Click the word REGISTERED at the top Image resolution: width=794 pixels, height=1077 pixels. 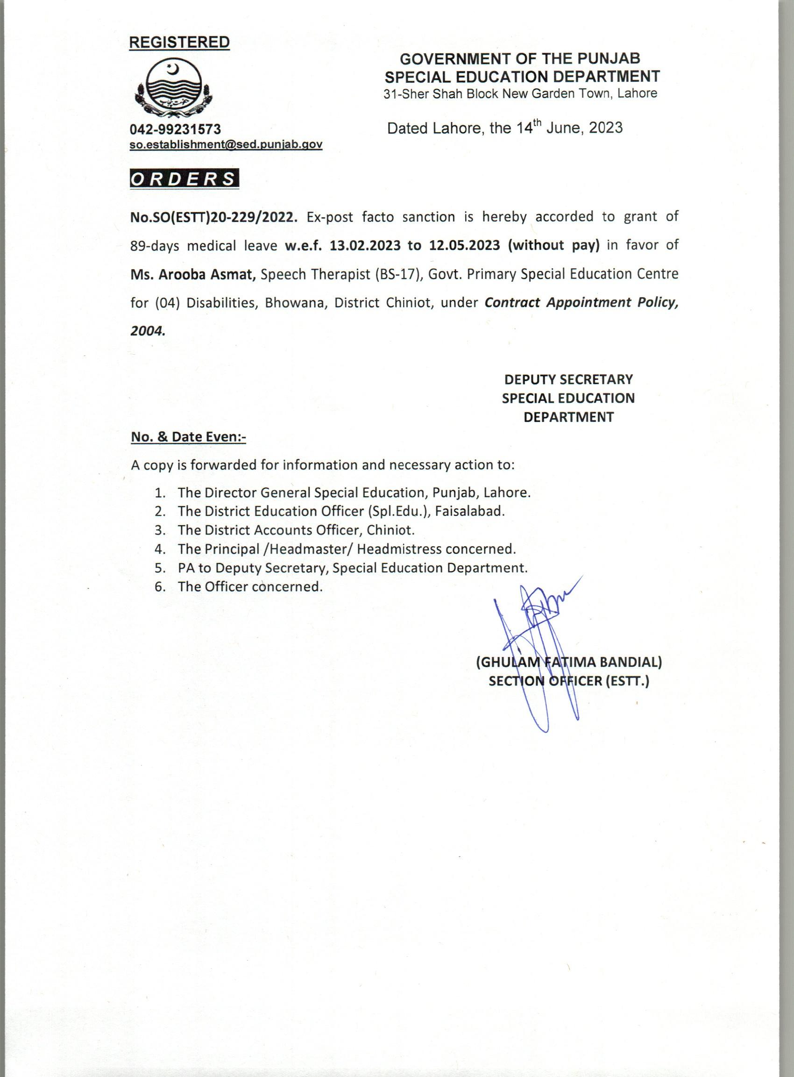[x=179, y=43]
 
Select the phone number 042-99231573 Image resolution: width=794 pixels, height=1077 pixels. [x=176, y=129]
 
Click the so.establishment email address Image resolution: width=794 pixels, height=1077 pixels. [x=226, y=144]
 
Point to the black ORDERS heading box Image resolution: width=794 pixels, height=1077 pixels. [x=184, y=179]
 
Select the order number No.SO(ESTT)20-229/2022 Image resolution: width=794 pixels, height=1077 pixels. [x=214, y=217]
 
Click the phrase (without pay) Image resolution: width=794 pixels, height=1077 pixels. [x=555, y=246]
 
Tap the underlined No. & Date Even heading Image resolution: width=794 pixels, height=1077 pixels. [x=188, y=437]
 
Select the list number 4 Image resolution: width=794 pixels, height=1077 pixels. [x=160, y=549]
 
